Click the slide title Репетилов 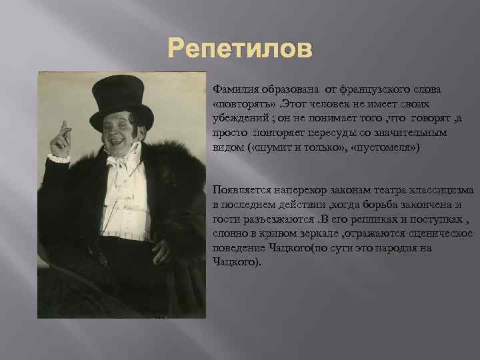click(239, 49)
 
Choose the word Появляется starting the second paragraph click(242, 190)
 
